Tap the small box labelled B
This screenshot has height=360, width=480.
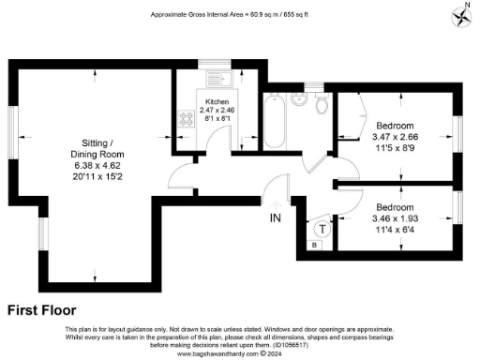tap(315, 244)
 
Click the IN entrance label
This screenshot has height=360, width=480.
tap(276, 218)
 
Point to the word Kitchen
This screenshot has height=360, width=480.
tap(217, 101)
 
